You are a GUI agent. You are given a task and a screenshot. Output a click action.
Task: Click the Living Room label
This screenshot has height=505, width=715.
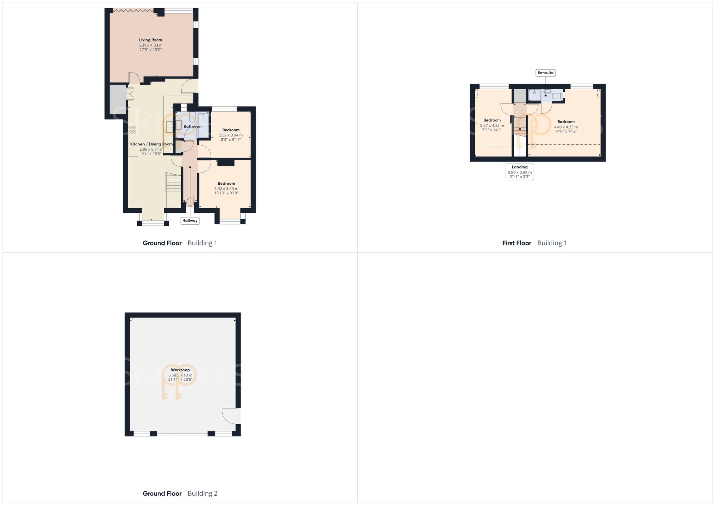(x=151, y=40)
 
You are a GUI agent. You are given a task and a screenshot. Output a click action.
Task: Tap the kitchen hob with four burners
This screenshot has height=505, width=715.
(x=132, y=129)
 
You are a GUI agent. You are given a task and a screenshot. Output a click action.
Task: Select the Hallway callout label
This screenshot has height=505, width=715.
(x=190, y=221)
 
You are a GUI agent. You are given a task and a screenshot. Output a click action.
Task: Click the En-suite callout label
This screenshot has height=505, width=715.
(x=546, y=73)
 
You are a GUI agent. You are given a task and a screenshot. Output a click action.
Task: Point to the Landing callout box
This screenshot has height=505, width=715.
(x=520, y=172)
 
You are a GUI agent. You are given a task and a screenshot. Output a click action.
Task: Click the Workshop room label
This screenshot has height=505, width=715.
(x=180, y=370)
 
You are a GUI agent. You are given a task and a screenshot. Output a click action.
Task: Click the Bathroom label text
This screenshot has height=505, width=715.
(x=193, y=126)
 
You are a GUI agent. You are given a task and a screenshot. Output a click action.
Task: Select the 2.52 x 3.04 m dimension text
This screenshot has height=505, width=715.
(x=231, y=135)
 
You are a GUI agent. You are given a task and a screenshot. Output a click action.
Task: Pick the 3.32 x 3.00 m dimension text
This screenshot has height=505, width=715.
(x=226, y=189)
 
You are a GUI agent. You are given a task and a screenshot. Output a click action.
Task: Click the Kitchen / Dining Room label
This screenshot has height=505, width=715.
(x=151, y=144)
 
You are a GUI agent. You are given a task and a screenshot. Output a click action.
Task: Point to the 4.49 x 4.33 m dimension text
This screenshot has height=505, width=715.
(x=566, y=127)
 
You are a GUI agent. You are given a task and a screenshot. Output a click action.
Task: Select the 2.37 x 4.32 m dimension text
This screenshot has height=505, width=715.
(x=492, y=126)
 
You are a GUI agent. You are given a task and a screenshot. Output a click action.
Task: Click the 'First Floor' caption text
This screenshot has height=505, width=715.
(x=517, y=243)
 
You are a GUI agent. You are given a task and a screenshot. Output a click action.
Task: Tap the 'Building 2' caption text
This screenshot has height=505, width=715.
(x=202, y=494)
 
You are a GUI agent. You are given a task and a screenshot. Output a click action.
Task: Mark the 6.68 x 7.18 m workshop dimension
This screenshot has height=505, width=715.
(x=180, y=375)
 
